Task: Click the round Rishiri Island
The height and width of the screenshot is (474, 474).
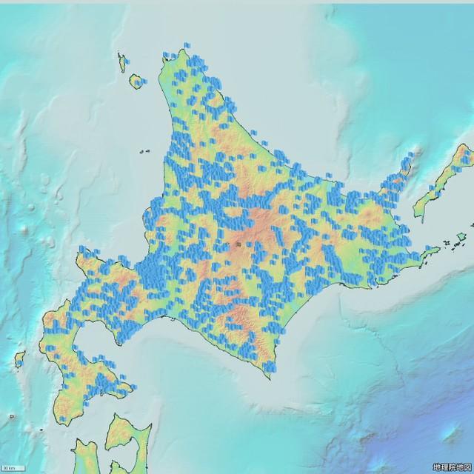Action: [x=137, y=81]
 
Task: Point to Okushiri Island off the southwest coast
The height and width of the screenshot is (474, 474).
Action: [x=19, y=361]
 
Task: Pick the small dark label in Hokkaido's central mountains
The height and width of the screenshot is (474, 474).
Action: [x=238, y=243]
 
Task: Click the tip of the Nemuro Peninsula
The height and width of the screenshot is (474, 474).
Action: [x=438, y=251]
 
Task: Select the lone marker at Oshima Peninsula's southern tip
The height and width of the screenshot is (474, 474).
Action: [x=62, y=419]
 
